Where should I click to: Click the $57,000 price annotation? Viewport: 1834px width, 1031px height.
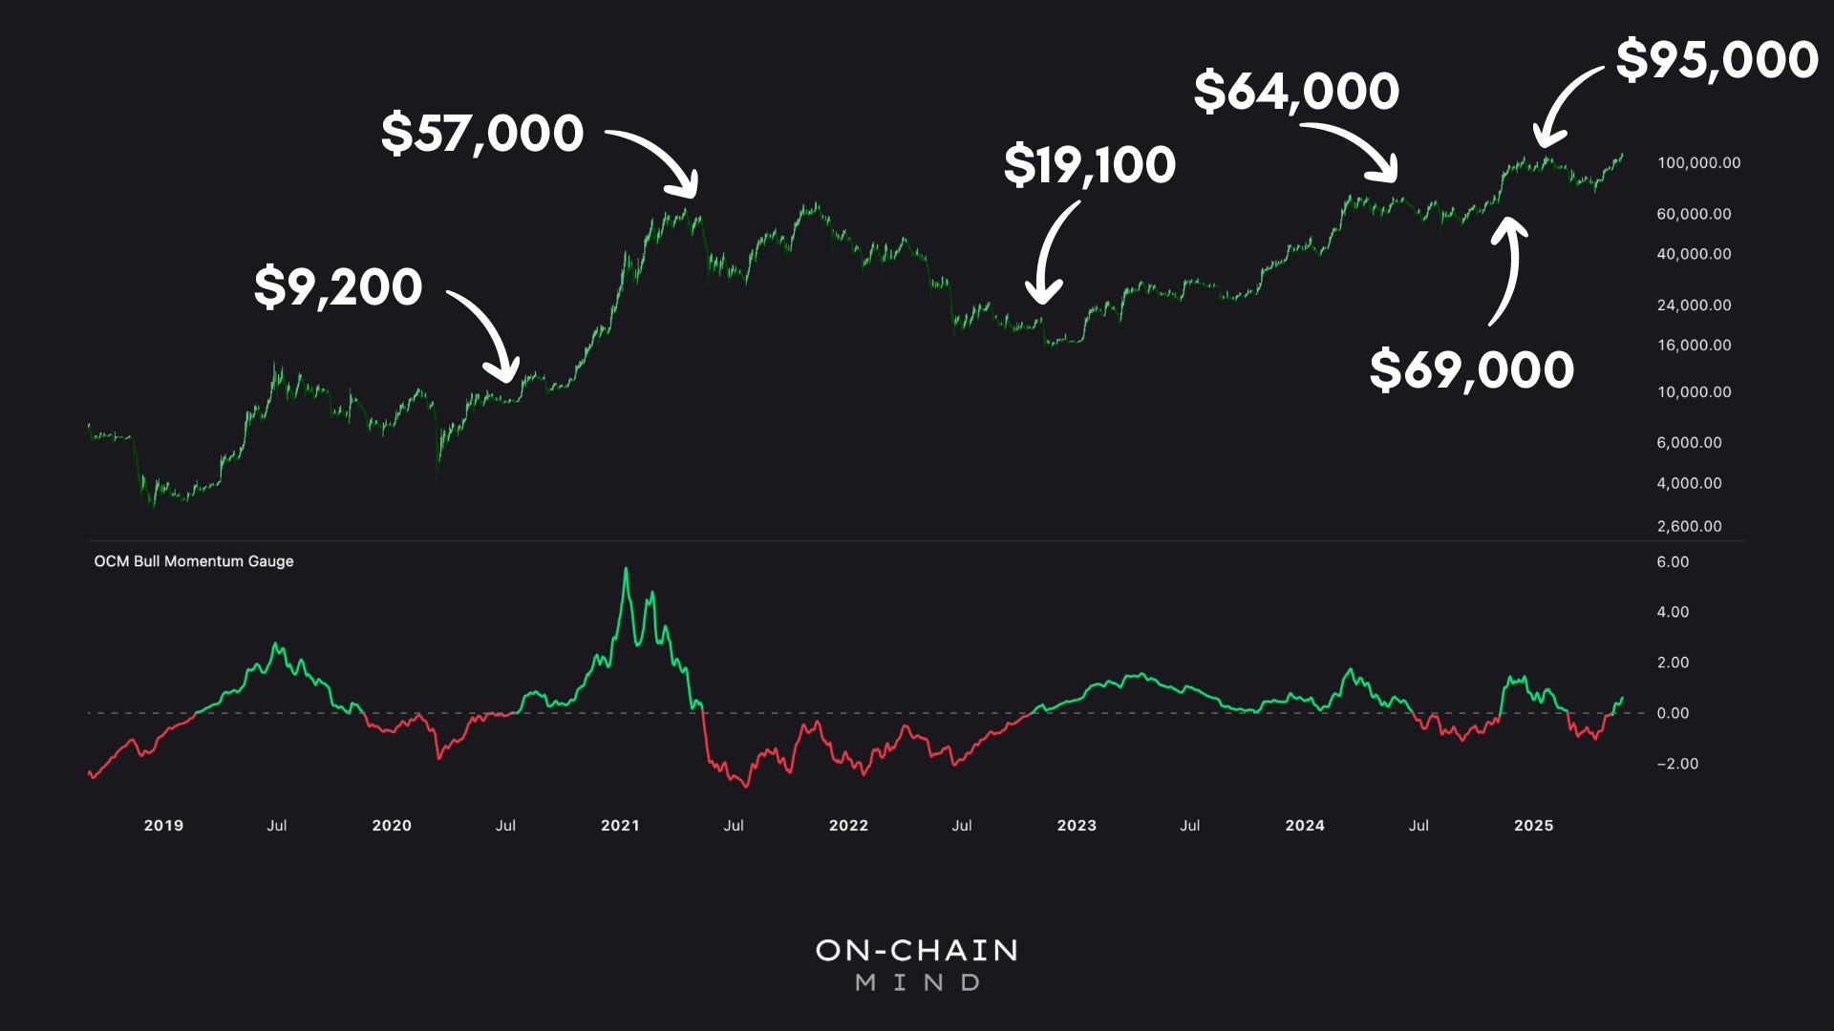pos(482,133)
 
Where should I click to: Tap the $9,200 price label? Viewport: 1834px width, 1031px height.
pos(338,286)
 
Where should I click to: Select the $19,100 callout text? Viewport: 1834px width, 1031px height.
pos(1090,165)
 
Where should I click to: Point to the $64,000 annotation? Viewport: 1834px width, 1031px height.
pos(1296,92)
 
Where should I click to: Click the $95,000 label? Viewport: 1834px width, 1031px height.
pos(1717,60)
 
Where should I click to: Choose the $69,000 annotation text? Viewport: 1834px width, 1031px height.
pos(1471,369)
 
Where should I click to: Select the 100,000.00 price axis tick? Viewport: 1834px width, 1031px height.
pos(1698,163)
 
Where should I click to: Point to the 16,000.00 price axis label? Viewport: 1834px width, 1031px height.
pos(1694,346)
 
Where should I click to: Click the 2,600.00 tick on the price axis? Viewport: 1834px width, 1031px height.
pos(1689,526)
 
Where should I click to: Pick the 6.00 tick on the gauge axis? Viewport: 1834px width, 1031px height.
pos(1673,562)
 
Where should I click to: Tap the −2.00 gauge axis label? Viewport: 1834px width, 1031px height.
pos(1676,764)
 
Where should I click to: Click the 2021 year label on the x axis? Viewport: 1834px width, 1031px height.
pos(620,826)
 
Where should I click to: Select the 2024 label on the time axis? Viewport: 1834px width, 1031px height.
pos(1305,826)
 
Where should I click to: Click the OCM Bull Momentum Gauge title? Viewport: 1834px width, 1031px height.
pos(194,561)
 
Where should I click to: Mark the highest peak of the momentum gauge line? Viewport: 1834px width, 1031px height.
pos(627,570)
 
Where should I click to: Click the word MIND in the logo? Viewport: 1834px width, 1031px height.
pos(917,982)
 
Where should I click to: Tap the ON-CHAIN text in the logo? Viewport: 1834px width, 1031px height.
pos(917,950)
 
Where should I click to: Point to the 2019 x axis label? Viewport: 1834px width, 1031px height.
pos(163,826)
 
